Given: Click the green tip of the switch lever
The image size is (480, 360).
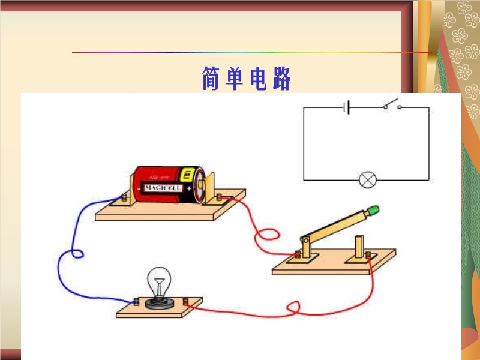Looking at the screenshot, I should (x=373, y=210).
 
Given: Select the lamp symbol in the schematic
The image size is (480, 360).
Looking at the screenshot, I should (x=367, y=179).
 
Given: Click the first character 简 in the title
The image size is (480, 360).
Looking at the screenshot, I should (x=210, y=79).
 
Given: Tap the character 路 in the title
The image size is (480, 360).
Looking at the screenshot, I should (x=281, y=79).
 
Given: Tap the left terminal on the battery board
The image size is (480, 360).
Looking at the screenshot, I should (x=124, y=197).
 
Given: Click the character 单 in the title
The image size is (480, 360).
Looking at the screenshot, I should (x=235, y=79).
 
